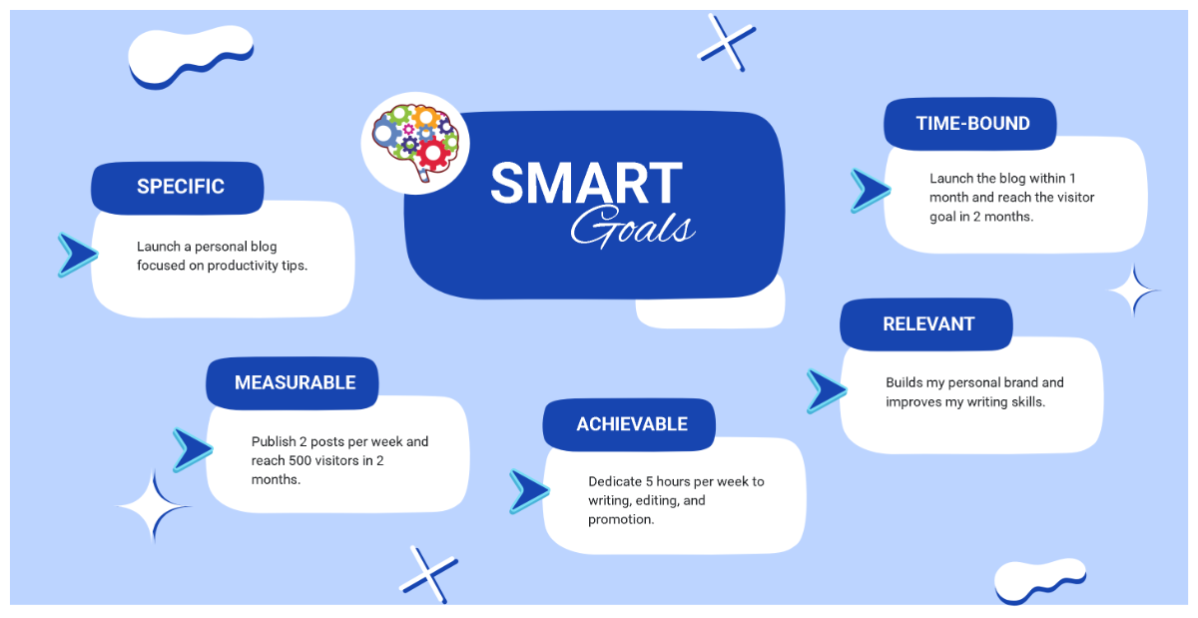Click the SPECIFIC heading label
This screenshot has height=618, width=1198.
pos(180,187)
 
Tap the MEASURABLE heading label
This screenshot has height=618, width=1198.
pos(295,383)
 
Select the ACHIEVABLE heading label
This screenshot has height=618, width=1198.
pos(631,424)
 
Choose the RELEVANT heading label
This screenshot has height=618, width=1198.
pos(927,324)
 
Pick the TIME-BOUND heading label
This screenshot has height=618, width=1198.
pos(972,124)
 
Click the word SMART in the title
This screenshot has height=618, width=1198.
pos(586,185)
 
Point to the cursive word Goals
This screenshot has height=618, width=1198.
pos(632,227)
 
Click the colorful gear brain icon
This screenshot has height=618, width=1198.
pos(414,141)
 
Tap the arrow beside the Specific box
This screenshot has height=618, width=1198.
pos(76,255)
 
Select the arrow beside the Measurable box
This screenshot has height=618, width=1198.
pos(191,449)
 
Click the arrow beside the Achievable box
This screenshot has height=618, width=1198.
pos(528,491)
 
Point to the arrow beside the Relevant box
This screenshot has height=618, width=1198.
pos(825,390)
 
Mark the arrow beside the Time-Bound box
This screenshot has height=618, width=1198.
pos(869,190)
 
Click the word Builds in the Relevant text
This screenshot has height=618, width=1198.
pos(904,382)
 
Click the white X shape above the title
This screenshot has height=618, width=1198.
pos(726,42)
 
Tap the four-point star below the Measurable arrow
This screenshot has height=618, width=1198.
pos(155,507)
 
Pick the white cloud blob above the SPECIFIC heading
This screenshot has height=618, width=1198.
pos(190,57)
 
